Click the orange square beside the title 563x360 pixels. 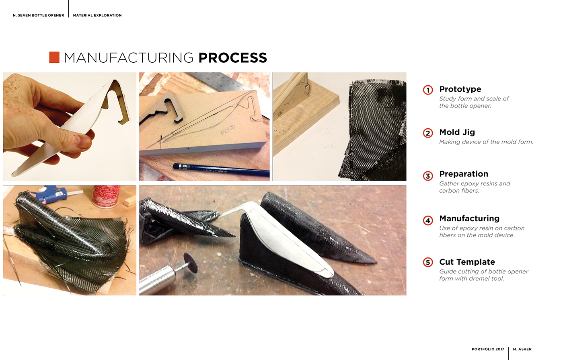[x=54, y=58]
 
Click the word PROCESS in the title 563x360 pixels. [x=232, y=58]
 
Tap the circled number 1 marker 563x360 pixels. [x=428, y=90]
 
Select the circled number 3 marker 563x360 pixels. [x=428, y=176]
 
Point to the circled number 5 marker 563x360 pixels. [x=428, y=263]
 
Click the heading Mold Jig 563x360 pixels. [x=457, y=132]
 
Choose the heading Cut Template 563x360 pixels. [x=467, y=262]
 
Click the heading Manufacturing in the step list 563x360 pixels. [x=469, y=219]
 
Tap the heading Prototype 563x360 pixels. [x=460, y=89]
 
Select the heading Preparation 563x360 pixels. [x=464, y=174]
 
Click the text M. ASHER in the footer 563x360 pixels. [x=522, y=349]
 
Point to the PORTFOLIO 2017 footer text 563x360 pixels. [x=488, y=349]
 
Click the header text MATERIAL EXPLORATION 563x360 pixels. [x=97, y=15]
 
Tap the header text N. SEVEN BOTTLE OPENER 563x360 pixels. [x=39, y=15]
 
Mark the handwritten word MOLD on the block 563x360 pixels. [x=228, y=130]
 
